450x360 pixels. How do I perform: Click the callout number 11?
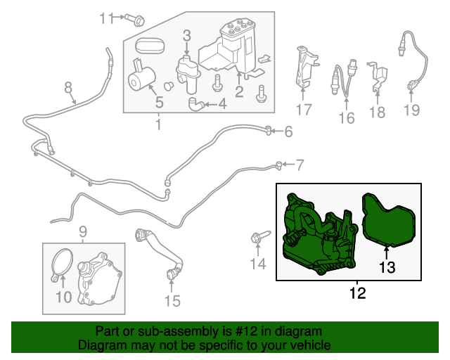[x=107, y=18]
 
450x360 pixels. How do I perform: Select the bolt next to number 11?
[x=134, y=19]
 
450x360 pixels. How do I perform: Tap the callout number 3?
[x=187, y=36]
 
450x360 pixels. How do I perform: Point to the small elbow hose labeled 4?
[x=196, y=104]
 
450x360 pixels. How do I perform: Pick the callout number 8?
[x=67, y=87]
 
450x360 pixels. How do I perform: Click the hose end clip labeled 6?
[x=269, y=130]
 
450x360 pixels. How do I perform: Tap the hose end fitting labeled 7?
[x=278, y=165]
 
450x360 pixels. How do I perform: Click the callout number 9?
[x=83, y=232]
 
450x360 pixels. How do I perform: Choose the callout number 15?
[x=172, y=301]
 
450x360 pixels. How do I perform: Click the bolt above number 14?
[x=259, y=236]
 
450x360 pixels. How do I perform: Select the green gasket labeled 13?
[x=388, y=221]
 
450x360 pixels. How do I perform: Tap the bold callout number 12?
[x=358, y=292]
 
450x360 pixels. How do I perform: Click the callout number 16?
[x=347, y=118]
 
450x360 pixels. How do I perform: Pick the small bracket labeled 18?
[x=378, y=76]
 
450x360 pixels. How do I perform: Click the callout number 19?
[x=411, y=110]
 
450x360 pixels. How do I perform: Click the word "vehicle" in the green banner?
[x=312, y=345]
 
